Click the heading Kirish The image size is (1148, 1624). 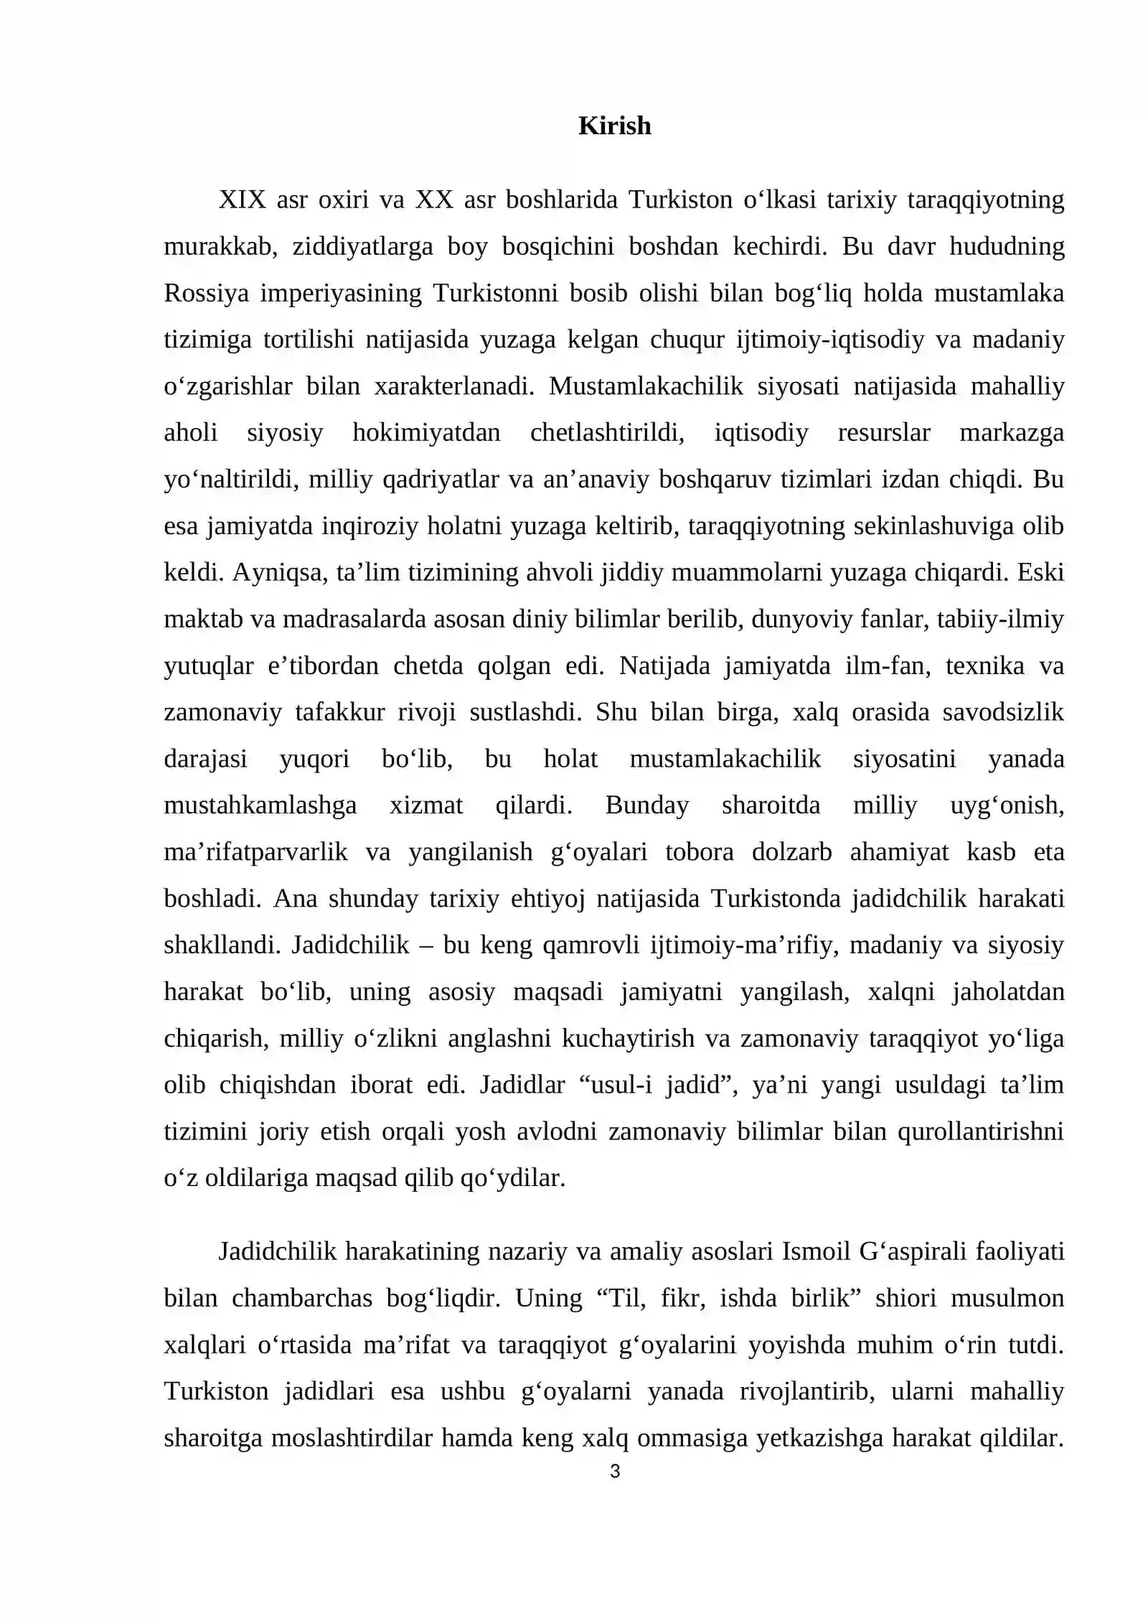click(614, 126)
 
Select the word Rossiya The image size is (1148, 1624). click(206, 293)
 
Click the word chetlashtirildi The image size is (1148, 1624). click(607, 433)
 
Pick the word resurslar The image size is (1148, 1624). click(884, 433)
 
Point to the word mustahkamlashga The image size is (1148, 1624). click(260, 805)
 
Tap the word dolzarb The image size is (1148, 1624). click(791, 851)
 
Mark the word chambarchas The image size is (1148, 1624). click(301, 1298)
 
